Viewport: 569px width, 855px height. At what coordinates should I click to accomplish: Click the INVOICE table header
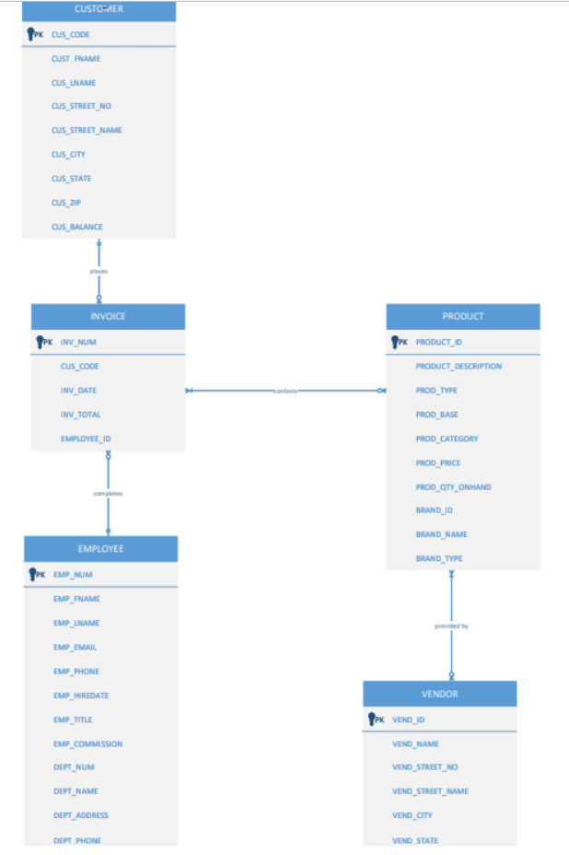click(108, 316)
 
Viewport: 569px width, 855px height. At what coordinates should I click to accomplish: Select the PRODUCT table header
click(462, 316)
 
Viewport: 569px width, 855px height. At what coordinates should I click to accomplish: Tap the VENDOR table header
click(439, 694)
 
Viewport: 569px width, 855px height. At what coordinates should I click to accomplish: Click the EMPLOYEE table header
click(100, 548)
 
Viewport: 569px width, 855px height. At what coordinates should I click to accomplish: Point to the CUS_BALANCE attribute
click(77, 227)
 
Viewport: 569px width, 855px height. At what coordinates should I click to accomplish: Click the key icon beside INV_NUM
click(41, 342)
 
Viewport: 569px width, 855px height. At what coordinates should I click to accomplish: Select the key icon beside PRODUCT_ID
click(397, 342)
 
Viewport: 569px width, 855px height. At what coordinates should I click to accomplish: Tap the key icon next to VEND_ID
click(373, 720)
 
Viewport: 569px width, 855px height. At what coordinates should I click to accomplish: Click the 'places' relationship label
click(99, 271)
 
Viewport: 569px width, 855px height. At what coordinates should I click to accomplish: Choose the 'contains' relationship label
click(285, 391)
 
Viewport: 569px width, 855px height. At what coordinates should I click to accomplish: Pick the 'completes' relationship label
click(108, 494)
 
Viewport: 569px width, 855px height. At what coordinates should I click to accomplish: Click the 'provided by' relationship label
click(451, 626)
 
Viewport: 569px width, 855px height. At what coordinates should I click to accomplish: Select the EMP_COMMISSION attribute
click(87, 744)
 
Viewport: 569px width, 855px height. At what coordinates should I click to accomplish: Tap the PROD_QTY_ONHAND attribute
click(453, 486)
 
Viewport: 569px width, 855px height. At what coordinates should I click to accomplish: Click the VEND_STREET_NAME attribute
click(430, 791)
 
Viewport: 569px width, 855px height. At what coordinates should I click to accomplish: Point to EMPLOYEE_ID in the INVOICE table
click(86, 439)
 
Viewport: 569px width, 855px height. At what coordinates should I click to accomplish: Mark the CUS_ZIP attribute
click(64, 203)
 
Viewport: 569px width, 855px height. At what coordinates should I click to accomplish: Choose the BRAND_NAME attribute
click(441, 534)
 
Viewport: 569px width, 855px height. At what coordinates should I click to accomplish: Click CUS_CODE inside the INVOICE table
click(79, 366)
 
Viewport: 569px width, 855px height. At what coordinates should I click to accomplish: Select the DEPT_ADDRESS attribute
click(81, 815)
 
